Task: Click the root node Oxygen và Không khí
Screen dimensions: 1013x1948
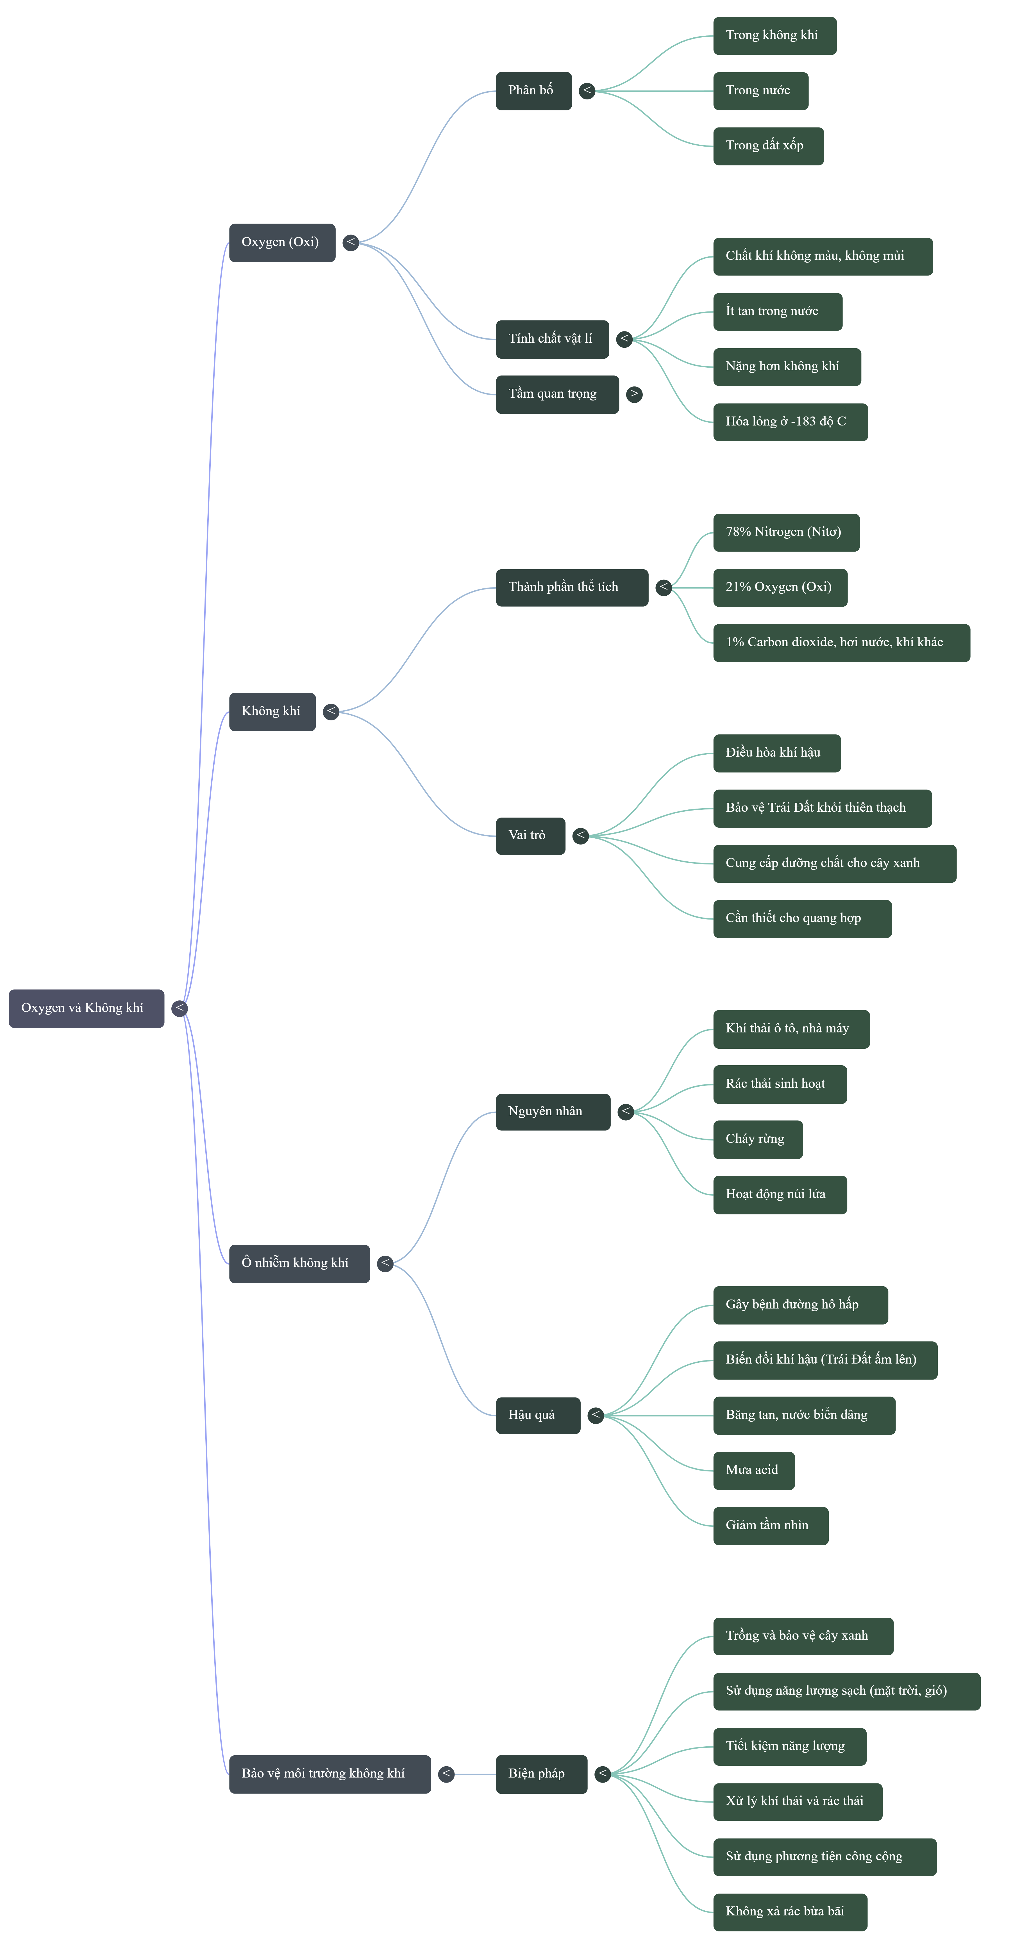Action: (86, 1008)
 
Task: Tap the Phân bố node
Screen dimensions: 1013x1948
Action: (533, 91)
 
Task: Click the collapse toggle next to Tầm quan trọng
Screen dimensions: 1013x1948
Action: (634, 394)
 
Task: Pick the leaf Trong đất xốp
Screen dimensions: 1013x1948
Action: (768, 146)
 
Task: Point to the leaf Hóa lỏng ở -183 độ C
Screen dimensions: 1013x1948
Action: (790, 422)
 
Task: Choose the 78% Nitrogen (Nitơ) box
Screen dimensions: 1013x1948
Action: (786, 532)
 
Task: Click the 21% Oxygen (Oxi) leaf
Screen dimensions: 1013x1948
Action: (780, 588)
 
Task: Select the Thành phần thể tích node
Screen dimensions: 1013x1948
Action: (572, 588)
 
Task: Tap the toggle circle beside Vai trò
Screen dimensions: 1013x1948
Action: (580, 836)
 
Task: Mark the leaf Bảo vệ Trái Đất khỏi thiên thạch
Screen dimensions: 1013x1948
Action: (822, 808)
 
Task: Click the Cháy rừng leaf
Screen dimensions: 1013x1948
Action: (757, 1140)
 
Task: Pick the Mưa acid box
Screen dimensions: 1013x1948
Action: (753, 1471)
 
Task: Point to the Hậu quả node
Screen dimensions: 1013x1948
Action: (538, 1416)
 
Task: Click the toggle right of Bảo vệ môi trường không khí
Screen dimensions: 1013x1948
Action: (446, 1774)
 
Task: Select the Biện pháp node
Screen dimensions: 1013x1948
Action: (542, 1774)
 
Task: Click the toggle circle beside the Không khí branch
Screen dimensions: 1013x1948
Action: (331, 712)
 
